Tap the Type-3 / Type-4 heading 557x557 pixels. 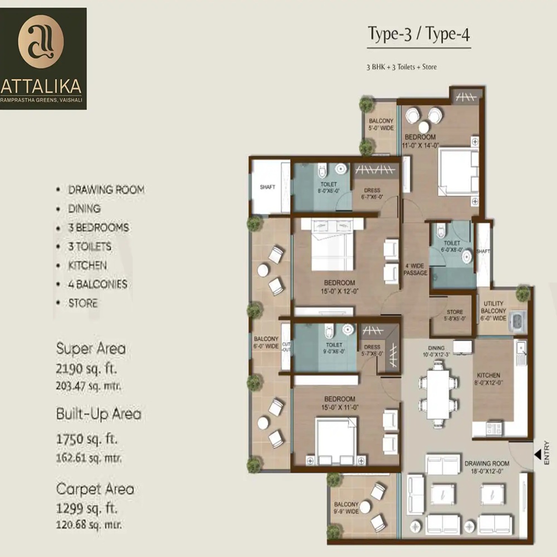coord(419,35)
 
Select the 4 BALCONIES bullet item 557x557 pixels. coord(97,284)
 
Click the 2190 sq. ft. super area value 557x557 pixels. coord(87,369)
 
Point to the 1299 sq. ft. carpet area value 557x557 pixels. coord(87,509)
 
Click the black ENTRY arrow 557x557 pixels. coord(538,456)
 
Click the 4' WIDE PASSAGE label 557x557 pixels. coord(416,269)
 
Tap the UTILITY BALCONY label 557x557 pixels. coord(492,311)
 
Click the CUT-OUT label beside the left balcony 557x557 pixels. coord(286,346)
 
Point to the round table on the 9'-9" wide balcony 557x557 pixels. coord(365,507)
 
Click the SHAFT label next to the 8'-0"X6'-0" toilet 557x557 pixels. coord(267,187)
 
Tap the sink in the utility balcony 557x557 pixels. coord(516,322)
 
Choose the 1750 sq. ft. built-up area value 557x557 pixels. coord(87,439)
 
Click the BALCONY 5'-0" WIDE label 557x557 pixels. coord(381,125)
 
